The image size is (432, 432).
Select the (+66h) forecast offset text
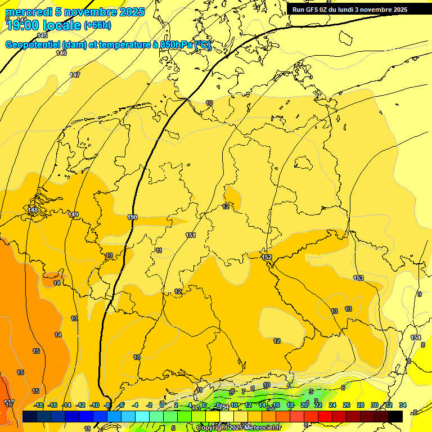click(97, 25)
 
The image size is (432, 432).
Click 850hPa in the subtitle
click(176, 45)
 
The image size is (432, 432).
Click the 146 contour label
click(61, 53)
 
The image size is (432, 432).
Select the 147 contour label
click(75, 75)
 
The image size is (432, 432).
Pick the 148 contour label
click(33, 210)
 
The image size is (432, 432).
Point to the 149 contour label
click(74, 214)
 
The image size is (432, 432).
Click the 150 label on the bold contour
click(132, 217)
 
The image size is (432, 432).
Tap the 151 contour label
click(191, 235)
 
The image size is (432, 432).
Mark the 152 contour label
click(267, 257)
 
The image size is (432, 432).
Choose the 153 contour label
click(358, 278)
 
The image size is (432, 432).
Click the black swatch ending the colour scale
click(395, 416)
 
